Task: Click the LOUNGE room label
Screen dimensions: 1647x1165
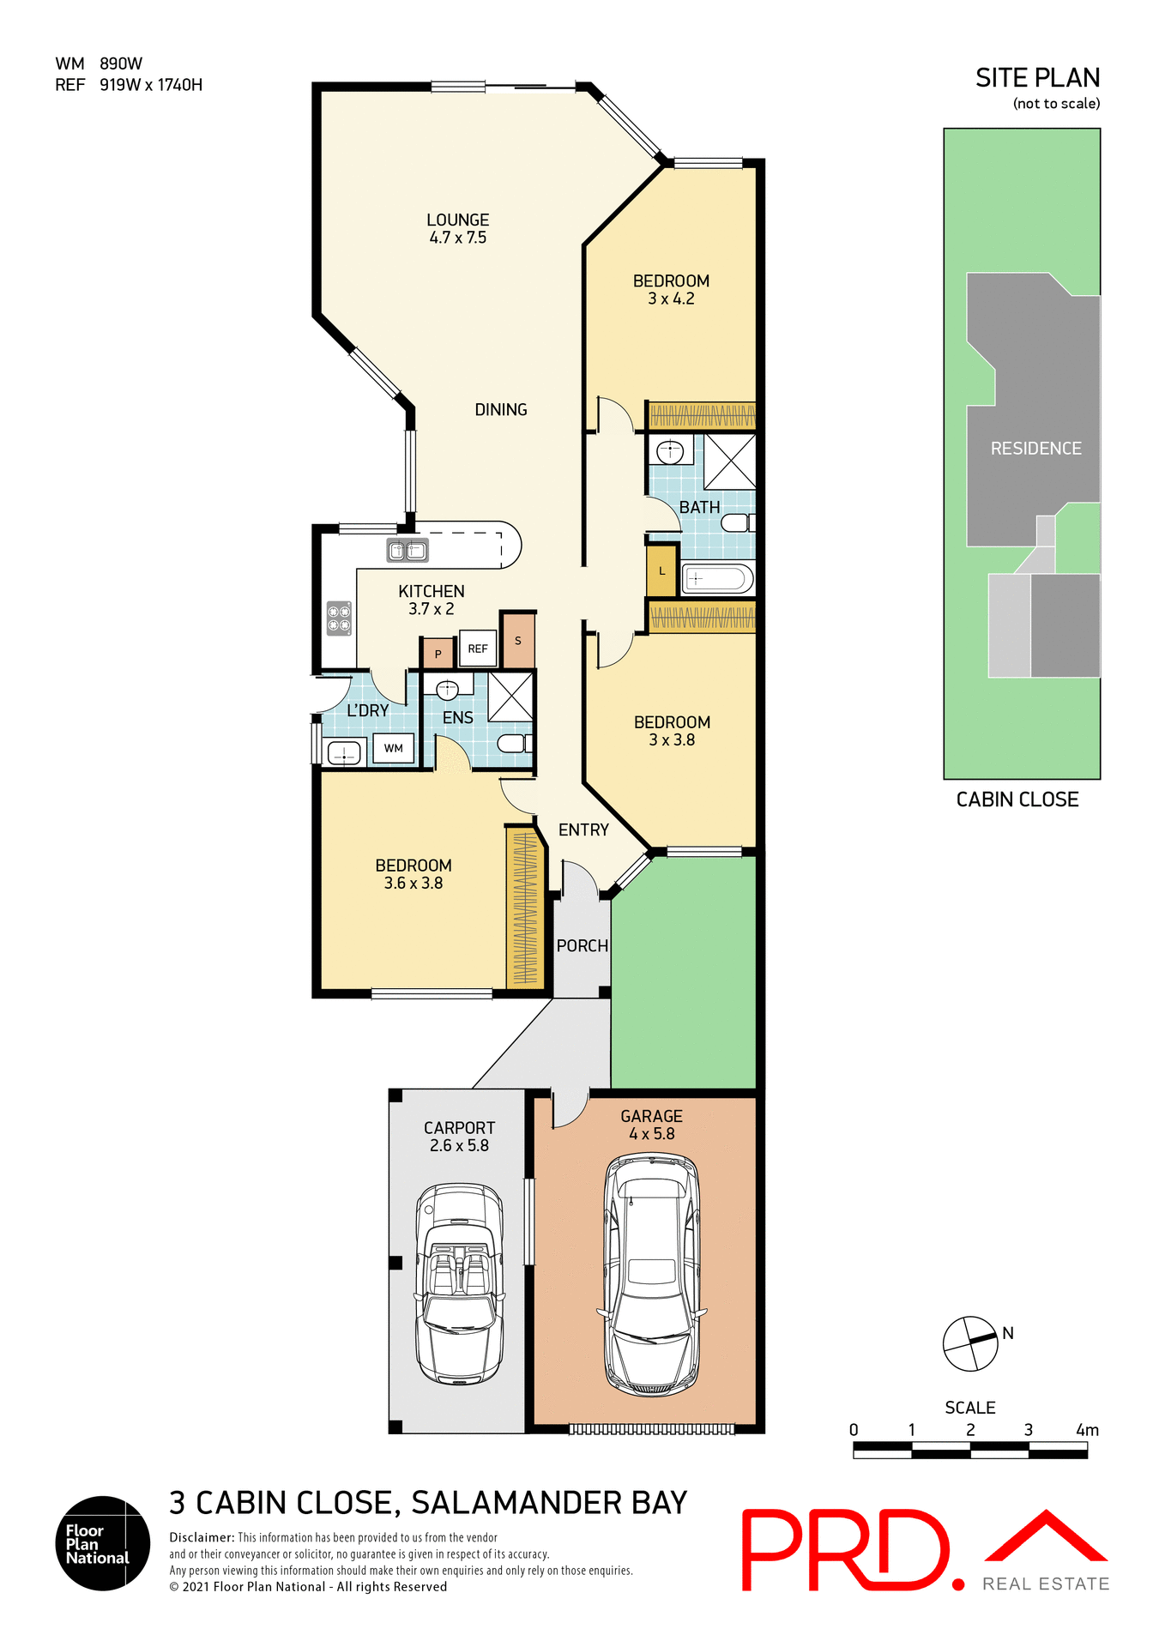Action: point(457,220)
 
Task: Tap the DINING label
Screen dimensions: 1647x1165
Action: point(501,410)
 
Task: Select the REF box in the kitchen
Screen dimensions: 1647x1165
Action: point(478,649)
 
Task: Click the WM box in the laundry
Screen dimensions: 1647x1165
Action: point(393,748)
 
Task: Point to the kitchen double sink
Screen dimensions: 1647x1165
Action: point(407,550)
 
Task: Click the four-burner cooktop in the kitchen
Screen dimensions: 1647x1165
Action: point(339,618)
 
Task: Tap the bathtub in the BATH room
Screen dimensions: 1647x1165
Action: point(716,579)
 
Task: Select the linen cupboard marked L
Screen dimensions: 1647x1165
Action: point(661,571)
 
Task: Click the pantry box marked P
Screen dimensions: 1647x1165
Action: point(438,654)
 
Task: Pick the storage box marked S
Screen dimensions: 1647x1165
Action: point(518,641)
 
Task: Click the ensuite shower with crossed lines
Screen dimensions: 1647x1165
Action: point(510,697)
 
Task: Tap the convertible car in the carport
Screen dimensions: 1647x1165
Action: point(459,1283)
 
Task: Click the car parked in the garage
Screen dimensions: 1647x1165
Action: point(651,1275)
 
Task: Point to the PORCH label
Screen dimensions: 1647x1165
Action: point(582,946)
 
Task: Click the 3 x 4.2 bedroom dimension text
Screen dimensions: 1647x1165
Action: point(671,299)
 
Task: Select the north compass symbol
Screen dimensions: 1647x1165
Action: point(970,1343)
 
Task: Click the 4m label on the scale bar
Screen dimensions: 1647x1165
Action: point(1087,1430)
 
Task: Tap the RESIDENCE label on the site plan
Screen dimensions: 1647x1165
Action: point(1035,449)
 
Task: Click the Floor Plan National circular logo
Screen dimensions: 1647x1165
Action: point(103,1543)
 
